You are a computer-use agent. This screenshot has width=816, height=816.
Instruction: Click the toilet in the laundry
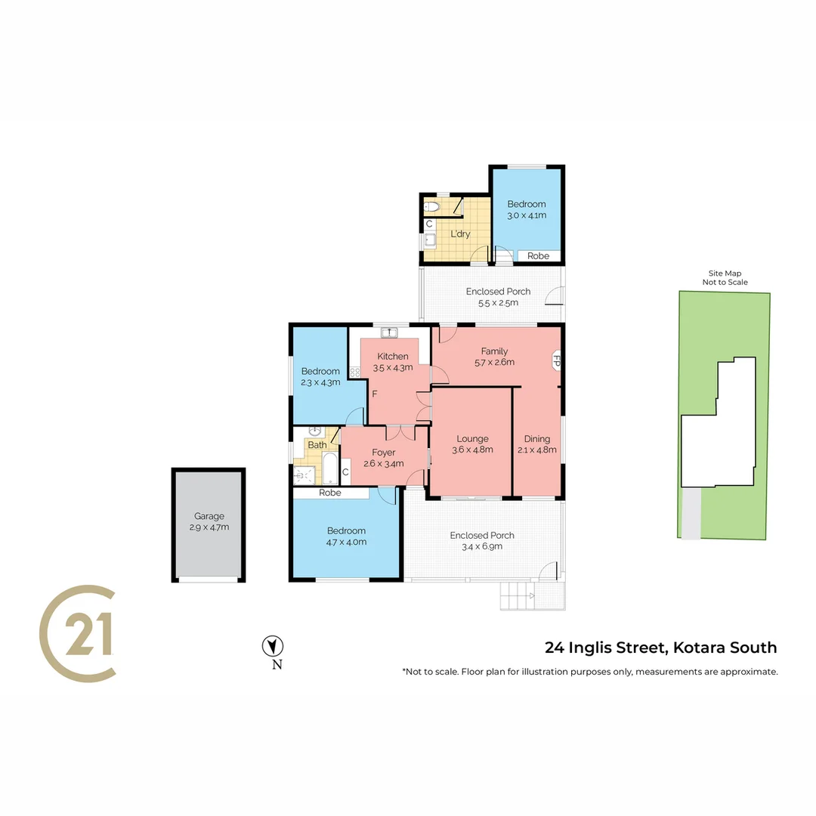[x=431, y=207]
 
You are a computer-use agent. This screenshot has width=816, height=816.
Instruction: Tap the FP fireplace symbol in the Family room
[x=555, y=360]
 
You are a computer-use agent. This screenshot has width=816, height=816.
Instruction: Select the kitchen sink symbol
[x=389, y=332]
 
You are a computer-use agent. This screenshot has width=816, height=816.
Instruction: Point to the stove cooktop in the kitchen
[x=355, y=372]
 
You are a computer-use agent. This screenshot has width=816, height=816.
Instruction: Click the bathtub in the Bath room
[x=330, y=468]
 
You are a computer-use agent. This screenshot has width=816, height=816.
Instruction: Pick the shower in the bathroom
[x=304, y=475]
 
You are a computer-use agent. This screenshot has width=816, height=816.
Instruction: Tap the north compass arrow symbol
[x=272, y=646]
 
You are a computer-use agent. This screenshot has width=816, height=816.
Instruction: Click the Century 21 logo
[x=78, y=633]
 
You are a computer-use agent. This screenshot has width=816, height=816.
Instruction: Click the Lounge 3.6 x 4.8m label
[x=472, y=444]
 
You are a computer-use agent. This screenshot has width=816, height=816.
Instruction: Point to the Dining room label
[x=537, y=444]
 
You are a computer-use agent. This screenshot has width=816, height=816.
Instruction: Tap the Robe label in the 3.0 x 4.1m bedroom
[x=538, y=256]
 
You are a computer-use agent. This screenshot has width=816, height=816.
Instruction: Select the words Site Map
[x=725, y=274]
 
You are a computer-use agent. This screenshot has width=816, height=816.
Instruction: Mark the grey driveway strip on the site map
[x=691, y=513]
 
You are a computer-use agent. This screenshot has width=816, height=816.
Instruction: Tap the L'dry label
[x=461, y=234]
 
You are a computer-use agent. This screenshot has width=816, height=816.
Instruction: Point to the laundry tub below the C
[x=430, y=240]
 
